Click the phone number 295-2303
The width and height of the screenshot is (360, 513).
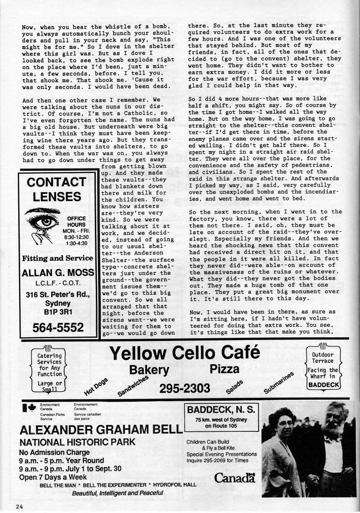[x=184, y=388]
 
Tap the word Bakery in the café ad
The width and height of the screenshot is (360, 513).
[x=149, y=370]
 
